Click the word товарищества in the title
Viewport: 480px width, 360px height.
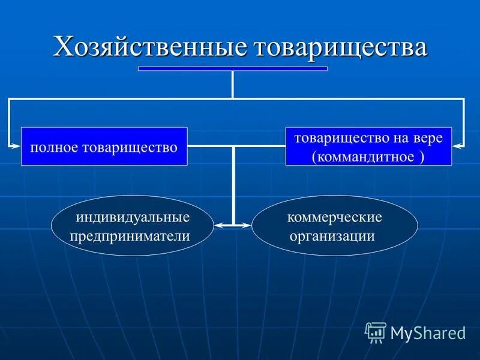coord(341,47)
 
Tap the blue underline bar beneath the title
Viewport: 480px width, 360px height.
coord(232,68)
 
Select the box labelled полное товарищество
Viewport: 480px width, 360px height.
coord(104,146)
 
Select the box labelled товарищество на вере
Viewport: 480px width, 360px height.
coord(368,146)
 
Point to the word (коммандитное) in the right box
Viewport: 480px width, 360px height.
coord(368,157)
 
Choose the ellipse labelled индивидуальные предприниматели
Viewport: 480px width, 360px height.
coord(133,226)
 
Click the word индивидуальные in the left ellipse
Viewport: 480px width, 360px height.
coord(133,216)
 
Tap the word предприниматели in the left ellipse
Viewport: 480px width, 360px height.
coord(130,236)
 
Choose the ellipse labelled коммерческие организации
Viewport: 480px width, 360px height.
coord(334,226)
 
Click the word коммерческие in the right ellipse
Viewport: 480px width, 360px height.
coord(334,216)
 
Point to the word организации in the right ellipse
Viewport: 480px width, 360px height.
coord(332,236)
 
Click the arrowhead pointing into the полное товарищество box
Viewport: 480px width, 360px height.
coord(16,145)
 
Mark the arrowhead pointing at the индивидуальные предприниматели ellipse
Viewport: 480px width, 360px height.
coord(219,226)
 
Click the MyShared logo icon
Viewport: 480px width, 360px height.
coord(376,332)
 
